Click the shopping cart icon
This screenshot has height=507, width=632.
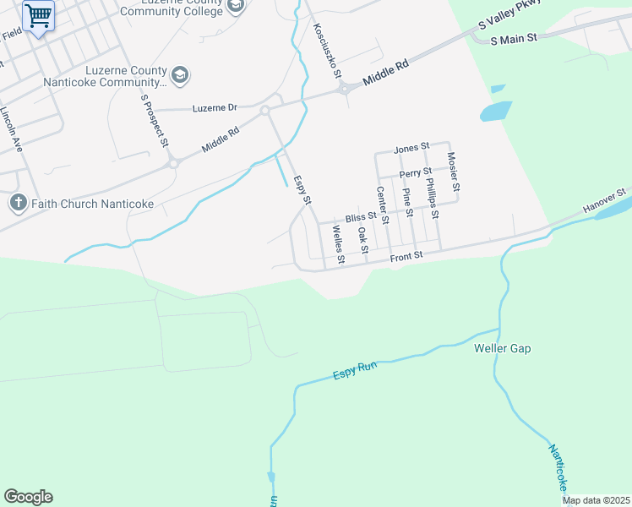[38, 15]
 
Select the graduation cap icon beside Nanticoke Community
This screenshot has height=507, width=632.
[179, 75]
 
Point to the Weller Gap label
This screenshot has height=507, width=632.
[503, 348]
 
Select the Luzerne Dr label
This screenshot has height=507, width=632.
[215, 108]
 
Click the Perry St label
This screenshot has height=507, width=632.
[416, 173]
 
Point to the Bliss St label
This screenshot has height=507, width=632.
[360, 217]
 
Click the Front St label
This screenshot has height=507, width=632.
[406, 253]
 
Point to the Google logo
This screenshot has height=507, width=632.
[28, 497]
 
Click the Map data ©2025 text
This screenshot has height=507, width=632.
[596, 500]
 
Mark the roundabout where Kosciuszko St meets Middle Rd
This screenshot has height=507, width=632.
[344, 89]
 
